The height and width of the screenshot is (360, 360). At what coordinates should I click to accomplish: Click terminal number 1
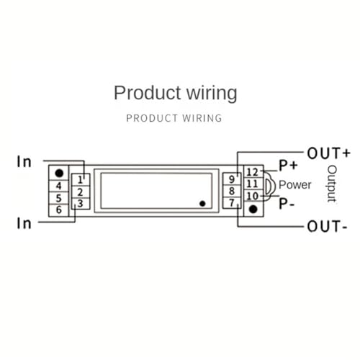(x=80, y=180)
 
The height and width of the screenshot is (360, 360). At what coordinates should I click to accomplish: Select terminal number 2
(x=80, y=192)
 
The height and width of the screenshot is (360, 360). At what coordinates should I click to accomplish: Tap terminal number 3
(x=80, y=204)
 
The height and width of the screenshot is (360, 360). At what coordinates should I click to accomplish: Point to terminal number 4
(x=59, y=186)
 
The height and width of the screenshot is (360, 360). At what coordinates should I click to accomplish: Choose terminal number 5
(x=59, y=198)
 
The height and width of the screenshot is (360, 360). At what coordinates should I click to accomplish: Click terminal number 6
(x=59, y=210)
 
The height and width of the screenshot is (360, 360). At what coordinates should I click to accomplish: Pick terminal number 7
(x=232, y=203)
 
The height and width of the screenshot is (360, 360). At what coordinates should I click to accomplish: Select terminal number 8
(x=232, y=191)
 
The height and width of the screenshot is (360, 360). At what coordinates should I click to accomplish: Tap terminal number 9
(x=232, y=179)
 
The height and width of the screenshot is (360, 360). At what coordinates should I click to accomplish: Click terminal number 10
(x=253, y=196)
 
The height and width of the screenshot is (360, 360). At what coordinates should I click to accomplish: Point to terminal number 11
(x=253, y=184)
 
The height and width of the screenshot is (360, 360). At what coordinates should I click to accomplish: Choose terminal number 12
(x=253, y=172)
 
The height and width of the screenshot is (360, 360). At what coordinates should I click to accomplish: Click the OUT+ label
(x=328, y=153)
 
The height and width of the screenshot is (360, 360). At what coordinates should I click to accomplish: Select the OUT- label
(x=327, y=226)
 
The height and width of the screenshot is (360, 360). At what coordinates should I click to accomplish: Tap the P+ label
(x=288, y=166)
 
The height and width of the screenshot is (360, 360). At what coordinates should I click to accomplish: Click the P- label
(x=287, y=204)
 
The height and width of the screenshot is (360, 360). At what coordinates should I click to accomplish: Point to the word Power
(x=295, y=185)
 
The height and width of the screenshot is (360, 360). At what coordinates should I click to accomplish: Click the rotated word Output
(x=332, y=184)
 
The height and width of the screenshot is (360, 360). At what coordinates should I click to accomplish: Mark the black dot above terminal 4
(x=59, y=173)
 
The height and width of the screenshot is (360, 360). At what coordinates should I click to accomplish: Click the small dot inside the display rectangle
(x=202, y=204)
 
